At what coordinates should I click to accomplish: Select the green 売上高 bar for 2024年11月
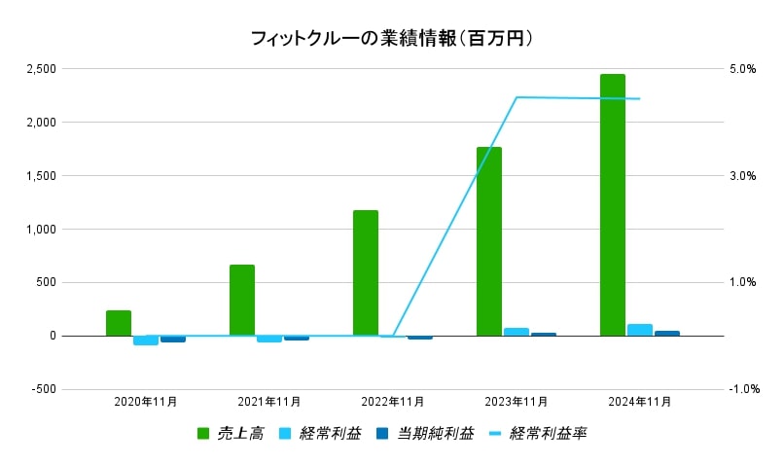pyautogui.click(x=612, y=204)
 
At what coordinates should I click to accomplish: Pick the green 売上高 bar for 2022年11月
pyautogui.click(x=365, y=272)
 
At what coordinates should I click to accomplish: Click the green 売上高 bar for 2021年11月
pyautogui.click(x=241, y=300)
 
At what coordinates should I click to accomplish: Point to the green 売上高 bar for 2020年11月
pyautogui.click(x=118, y=323)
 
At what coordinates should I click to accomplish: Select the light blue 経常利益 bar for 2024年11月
pyautogui.click(x=639, y=330)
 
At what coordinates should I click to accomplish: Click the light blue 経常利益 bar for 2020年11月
pyautogui.click(x=145, y=341)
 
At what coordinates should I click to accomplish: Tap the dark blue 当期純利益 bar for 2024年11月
pyautogui.click(x=666, y=334)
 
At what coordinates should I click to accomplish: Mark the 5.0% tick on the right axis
pyautogui.click(x=743, y=69)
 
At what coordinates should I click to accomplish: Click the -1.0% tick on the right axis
pyautogui.click(x=743, y=389)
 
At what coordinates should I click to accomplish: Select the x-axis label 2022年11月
pyautogui.click(x=393, y=401)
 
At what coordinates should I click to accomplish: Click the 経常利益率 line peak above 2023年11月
pyautogui.click(x=517, y=97)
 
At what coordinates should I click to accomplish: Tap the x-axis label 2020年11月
pyautogui.click(x=146, y=401)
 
